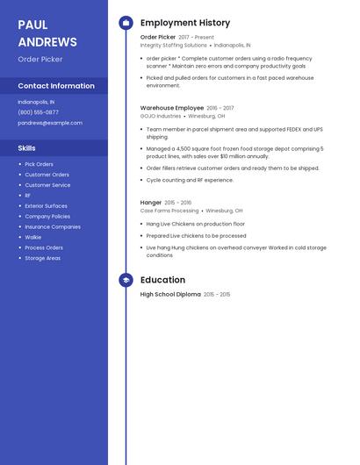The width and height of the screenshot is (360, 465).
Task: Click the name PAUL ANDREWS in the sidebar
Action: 47,33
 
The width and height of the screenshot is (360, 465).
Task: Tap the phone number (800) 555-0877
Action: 38,112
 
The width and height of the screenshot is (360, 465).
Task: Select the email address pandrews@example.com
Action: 50,123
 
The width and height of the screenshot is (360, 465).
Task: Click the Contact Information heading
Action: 56,86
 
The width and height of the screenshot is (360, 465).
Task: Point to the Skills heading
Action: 27,148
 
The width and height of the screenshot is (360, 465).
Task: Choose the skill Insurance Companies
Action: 53,226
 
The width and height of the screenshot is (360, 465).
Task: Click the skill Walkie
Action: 33,237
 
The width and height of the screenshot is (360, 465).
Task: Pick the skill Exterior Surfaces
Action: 46,205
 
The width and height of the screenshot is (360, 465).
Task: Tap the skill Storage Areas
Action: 42,258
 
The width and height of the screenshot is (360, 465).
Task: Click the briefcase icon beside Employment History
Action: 126,23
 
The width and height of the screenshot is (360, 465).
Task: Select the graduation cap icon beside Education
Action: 126,280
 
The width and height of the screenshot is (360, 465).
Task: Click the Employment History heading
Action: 185,23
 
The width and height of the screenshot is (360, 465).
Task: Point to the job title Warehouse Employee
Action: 172,108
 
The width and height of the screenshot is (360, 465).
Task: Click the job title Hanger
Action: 151,203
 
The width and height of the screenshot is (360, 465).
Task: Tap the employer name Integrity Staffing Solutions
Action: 174,45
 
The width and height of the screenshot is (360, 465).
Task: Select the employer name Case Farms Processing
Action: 169,211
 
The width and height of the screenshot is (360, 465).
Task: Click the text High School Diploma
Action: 170,295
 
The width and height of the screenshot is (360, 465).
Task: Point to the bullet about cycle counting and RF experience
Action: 190,180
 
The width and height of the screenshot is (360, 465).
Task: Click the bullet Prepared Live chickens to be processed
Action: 196,235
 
